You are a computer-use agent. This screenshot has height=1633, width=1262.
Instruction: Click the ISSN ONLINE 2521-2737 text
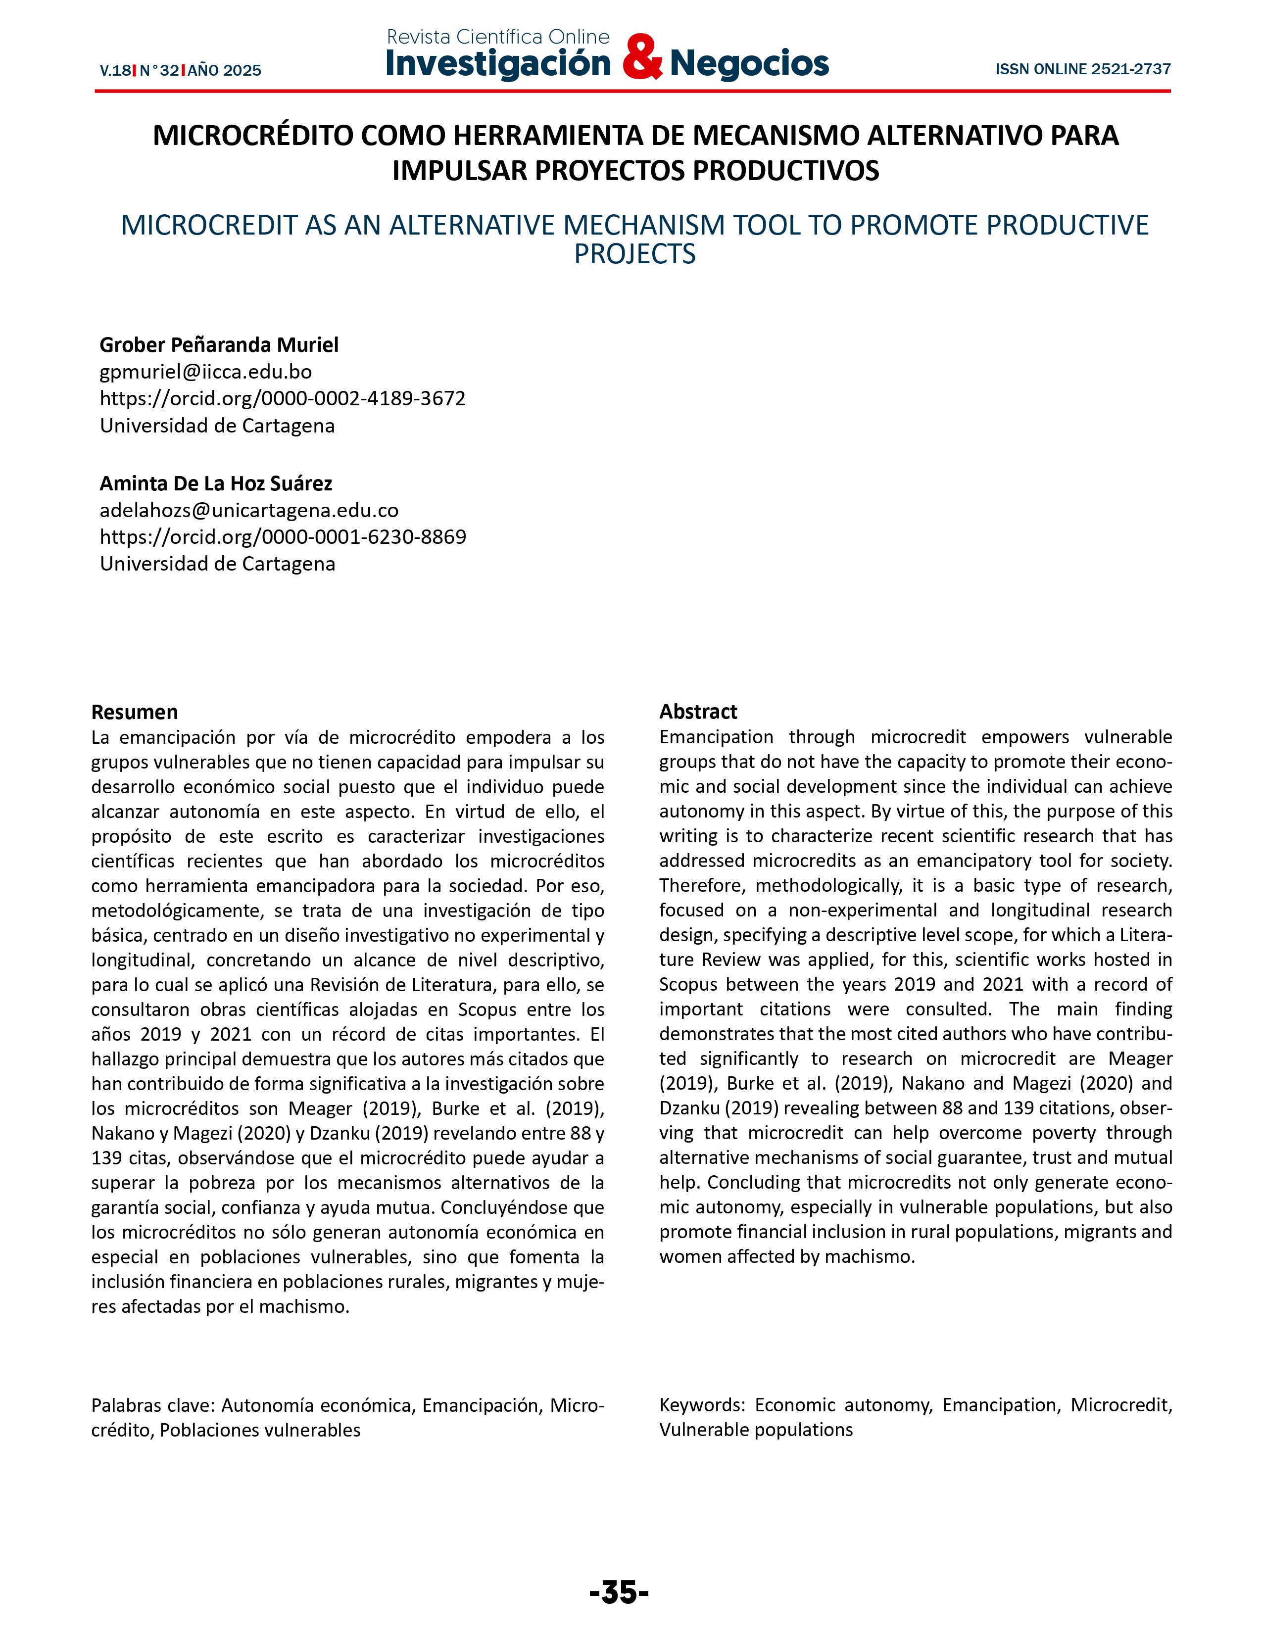(1082, 70)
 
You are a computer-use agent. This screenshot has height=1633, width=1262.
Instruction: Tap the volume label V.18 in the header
(115, 71)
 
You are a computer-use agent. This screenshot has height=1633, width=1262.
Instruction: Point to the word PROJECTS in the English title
(635, 255)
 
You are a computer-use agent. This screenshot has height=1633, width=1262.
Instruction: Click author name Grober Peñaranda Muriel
(219, 345)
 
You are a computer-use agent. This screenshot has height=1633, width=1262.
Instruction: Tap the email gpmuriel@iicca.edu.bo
(205, 372)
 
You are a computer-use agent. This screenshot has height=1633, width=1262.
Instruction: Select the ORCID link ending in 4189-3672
(283, 398)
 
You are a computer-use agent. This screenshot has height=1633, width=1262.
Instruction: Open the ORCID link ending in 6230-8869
(283, 537)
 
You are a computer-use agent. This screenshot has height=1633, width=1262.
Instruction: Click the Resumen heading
(135, 712)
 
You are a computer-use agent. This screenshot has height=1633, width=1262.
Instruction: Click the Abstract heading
(698, 712)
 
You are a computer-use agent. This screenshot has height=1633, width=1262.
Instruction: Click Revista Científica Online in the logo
(498, 37)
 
